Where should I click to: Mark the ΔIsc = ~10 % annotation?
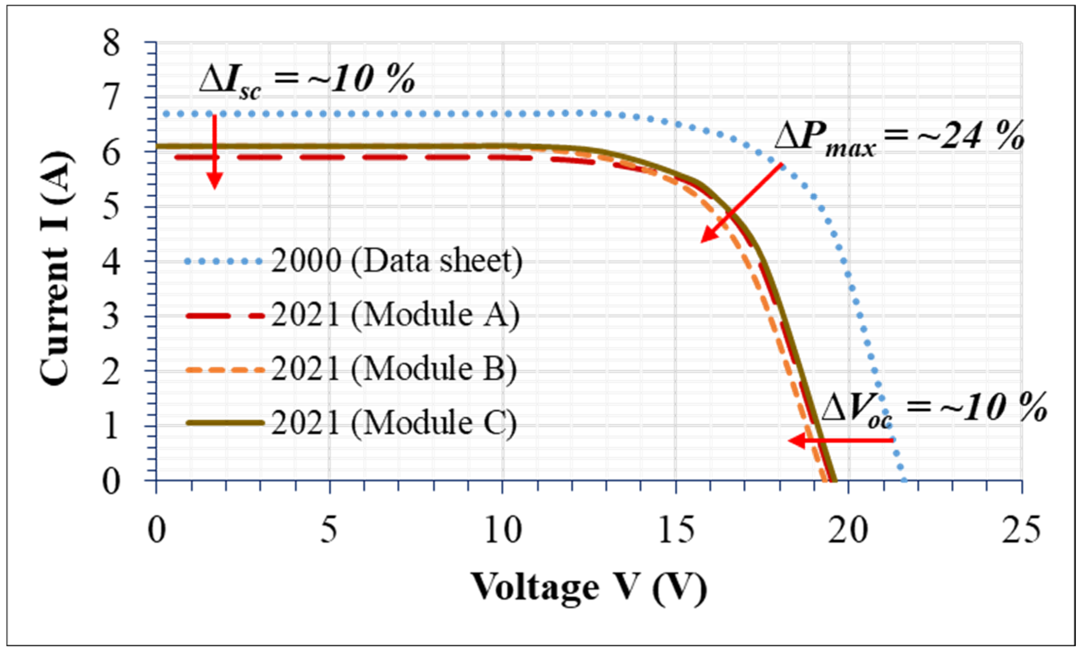pos(307,80)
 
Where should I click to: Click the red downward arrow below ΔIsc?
pos(214,152)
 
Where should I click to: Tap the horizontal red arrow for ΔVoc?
pos(841,440)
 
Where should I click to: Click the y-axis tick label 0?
pos(111,481)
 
